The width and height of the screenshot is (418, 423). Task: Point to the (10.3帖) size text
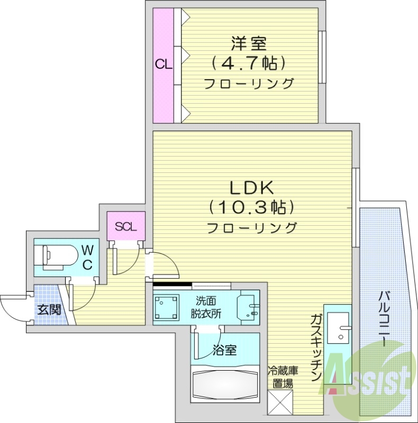coord(251,207)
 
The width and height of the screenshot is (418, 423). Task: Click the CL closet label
coord(163,65)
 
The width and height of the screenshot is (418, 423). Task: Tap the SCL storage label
coord(126,227)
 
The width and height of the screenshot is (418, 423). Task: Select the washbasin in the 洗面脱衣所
coord(248,308)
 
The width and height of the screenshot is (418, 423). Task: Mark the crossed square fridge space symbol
coord(281,402)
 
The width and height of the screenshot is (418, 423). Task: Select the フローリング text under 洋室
coord(249,84)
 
